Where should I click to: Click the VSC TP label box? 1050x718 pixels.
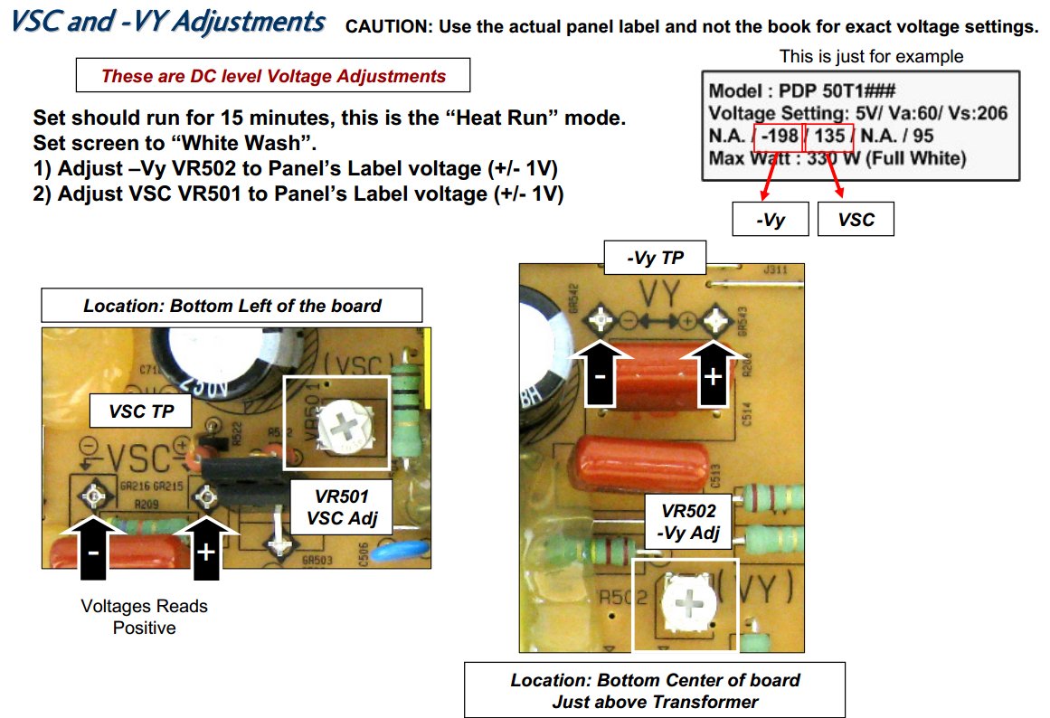click(140, 411)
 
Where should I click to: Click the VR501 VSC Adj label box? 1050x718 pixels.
click(342, 507)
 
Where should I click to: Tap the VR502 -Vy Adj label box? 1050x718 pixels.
click(688, 522)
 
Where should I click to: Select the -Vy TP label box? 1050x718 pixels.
click(655, 258)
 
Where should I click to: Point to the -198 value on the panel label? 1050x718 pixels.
click(779, 136)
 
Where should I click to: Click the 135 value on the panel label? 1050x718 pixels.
click(829, 136)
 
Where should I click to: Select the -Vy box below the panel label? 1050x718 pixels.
click(770, 220)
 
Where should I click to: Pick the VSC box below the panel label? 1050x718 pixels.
click(856, 220)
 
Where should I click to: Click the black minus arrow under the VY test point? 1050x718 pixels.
click(600, 373)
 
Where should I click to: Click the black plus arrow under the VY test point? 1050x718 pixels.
click(714, 373)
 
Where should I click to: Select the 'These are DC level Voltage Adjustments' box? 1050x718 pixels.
click(273, 76)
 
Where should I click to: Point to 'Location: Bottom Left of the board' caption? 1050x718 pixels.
click(232, 306)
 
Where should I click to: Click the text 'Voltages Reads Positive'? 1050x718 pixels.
click(144, 617)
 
